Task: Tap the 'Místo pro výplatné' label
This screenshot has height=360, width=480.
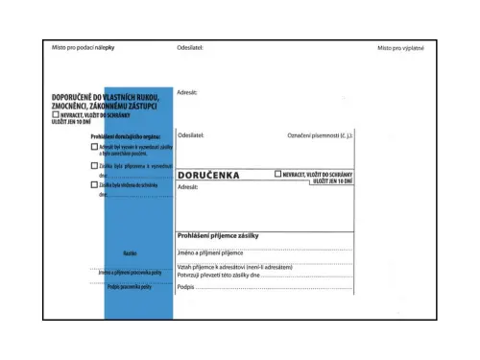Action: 400,47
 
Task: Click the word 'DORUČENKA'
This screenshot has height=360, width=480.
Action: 209,176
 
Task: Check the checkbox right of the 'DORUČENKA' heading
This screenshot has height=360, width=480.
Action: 278,174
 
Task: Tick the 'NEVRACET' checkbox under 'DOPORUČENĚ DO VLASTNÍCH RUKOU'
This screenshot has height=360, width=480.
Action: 56,114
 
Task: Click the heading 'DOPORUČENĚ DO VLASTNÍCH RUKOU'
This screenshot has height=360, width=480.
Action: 106,98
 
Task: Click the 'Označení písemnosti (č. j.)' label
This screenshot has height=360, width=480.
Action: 321,135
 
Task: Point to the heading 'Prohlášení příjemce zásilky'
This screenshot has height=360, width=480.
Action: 219,235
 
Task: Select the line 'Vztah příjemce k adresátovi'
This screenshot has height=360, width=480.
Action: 234,266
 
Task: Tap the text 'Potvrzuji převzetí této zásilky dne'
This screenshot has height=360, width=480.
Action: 219,275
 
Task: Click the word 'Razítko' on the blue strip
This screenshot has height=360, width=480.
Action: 130,253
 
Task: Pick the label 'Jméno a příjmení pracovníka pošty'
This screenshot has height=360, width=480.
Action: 130,273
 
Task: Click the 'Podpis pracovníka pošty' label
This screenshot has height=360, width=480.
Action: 130,288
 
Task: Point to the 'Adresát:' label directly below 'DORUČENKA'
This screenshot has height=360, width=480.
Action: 187,187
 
